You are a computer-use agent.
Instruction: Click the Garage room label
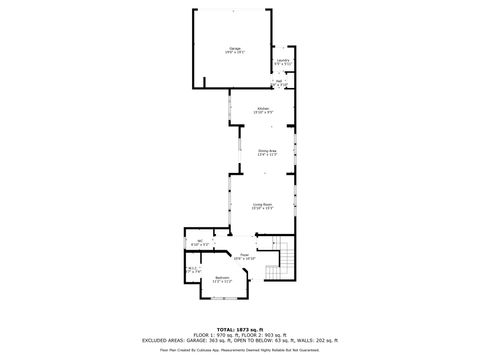click(x=235, y=49)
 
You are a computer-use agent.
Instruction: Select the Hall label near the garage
click(x=279, y=85)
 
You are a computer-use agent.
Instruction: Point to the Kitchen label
click(x=263, y=110)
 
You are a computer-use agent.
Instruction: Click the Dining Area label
click(x=266, y=153)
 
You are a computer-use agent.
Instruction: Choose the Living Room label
click(x=263, y=206)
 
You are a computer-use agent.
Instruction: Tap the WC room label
click(x=200, y=242)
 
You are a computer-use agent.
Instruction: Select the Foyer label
click(x=243, y=257)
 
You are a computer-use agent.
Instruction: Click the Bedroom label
click(x=221, y=280)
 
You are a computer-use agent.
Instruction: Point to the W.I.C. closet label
click(x=194, y=270)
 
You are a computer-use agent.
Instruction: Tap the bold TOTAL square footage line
click(x=239, y=329)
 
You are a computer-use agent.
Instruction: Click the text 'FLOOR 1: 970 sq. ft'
click(x=210, y=335)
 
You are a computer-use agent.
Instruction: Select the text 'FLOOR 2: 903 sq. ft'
click(x=266, y=335)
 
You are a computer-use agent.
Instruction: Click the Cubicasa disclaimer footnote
click(x=240, y=350)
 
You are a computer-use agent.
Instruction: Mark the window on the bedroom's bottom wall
click(x=222, y=300)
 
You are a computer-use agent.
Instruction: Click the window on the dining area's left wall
click(x=238, y=153)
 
